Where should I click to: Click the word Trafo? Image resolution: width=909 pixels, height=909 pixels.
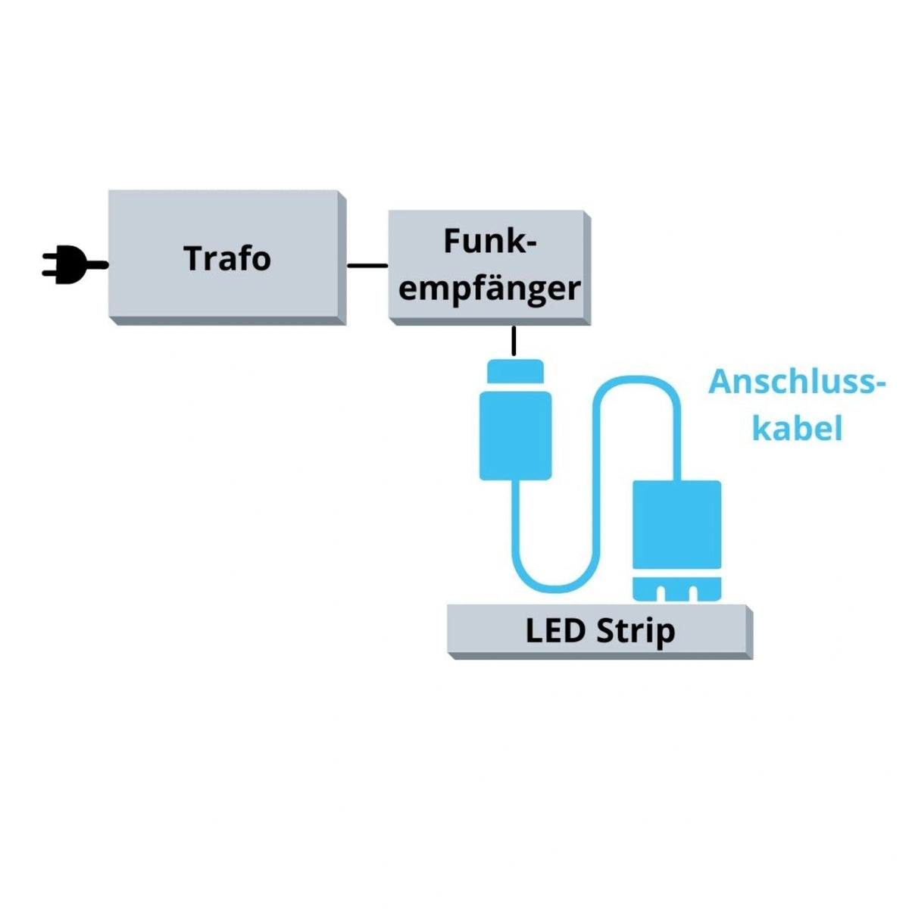click(x=227, y=258)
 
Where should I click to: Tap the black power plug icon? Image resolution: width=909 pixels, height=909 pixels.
click(x=68, y=265)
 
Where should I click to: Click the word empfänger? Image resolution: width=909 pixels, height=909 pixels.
click(x=489, y=289)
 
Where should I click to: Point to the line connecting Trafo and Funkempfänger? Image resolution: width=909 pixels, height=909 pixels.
click(x=367, y=265)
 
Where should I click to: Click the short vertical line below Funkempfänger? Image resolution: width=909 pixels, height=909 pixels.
click(x=514, y=341)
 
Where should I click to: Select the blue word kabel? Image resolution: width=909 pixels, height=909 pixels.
click(x=797, y=429)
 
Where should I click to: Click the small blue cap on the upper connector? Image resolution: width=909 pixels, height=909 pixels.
click(x=515, y=371)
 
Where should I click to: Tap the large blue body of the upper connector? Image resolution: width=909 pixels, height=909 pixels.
click(x=515, y=436)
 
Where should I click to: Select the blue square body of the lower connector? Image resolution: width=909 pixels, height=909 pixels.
click(x=676, y=524)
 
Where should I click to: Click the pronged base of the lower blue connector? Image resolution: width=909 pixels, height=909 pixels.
click(x=676, y=589)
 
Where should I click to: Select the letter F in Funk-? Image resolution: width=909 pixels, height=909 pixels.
click(x=453, y=242)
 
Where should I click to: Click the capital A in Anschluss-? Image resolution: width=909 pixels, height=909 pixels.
click(x=723, y=382)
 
